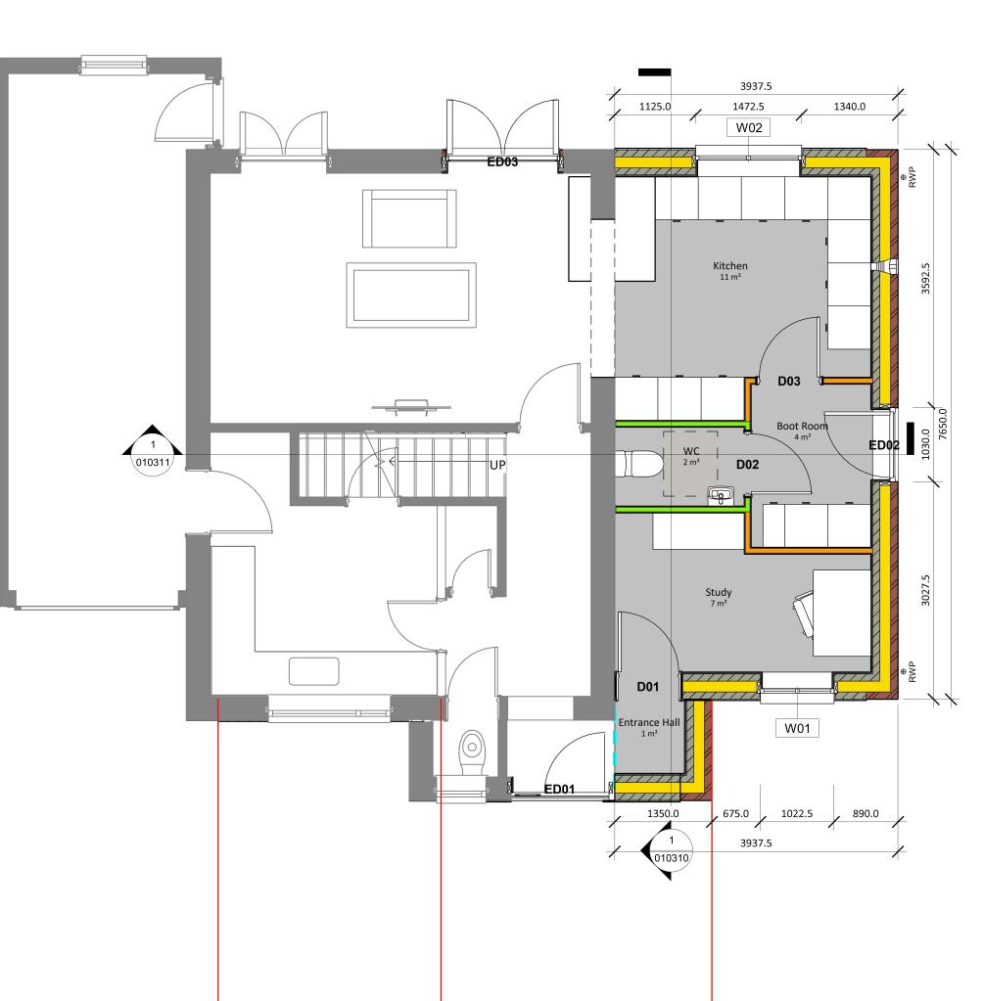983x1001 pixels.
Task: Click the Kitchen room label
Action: (x=730, y=265)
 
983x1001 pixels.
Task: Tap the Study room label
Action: (x=718, y=592)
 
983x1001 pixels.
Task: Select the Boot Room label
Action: (x=802, y=426)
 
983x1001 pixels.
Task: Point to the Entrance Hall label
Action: (x=649, y=722)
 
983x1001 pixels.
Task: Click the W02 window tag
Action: (x=749, y=127)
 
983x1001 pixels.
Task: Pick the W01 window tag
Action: (x=797, y=728)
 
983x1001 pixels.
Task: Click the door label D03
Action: (x=789, y=381)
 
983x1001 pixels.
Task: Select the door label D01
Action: (x=648, y=687)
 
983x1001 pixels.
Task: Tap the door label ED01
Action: (x=559, y=789)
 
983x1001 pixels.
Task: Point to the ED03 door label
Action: (x=502, y=161)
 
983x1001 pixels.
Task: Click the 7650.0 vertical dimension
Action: (x=943, y=425)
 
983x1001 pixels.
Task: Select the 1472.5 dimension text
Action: (x=748, y=107)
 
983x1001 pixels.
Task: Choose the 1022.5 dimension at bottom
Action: (x=797, y=813)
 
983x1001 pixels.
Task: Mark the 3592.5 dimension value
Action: (x=925, y=279)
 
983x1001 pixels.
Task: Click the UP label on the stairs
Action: (x=497, y=466)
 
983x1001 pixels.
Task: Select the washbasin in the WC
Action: (x=722, y=495)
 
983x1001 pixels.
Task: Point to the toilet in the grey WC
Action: (x=638, y=464)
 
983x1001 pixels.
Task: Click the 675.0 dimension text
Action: (x=735, y=813)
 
